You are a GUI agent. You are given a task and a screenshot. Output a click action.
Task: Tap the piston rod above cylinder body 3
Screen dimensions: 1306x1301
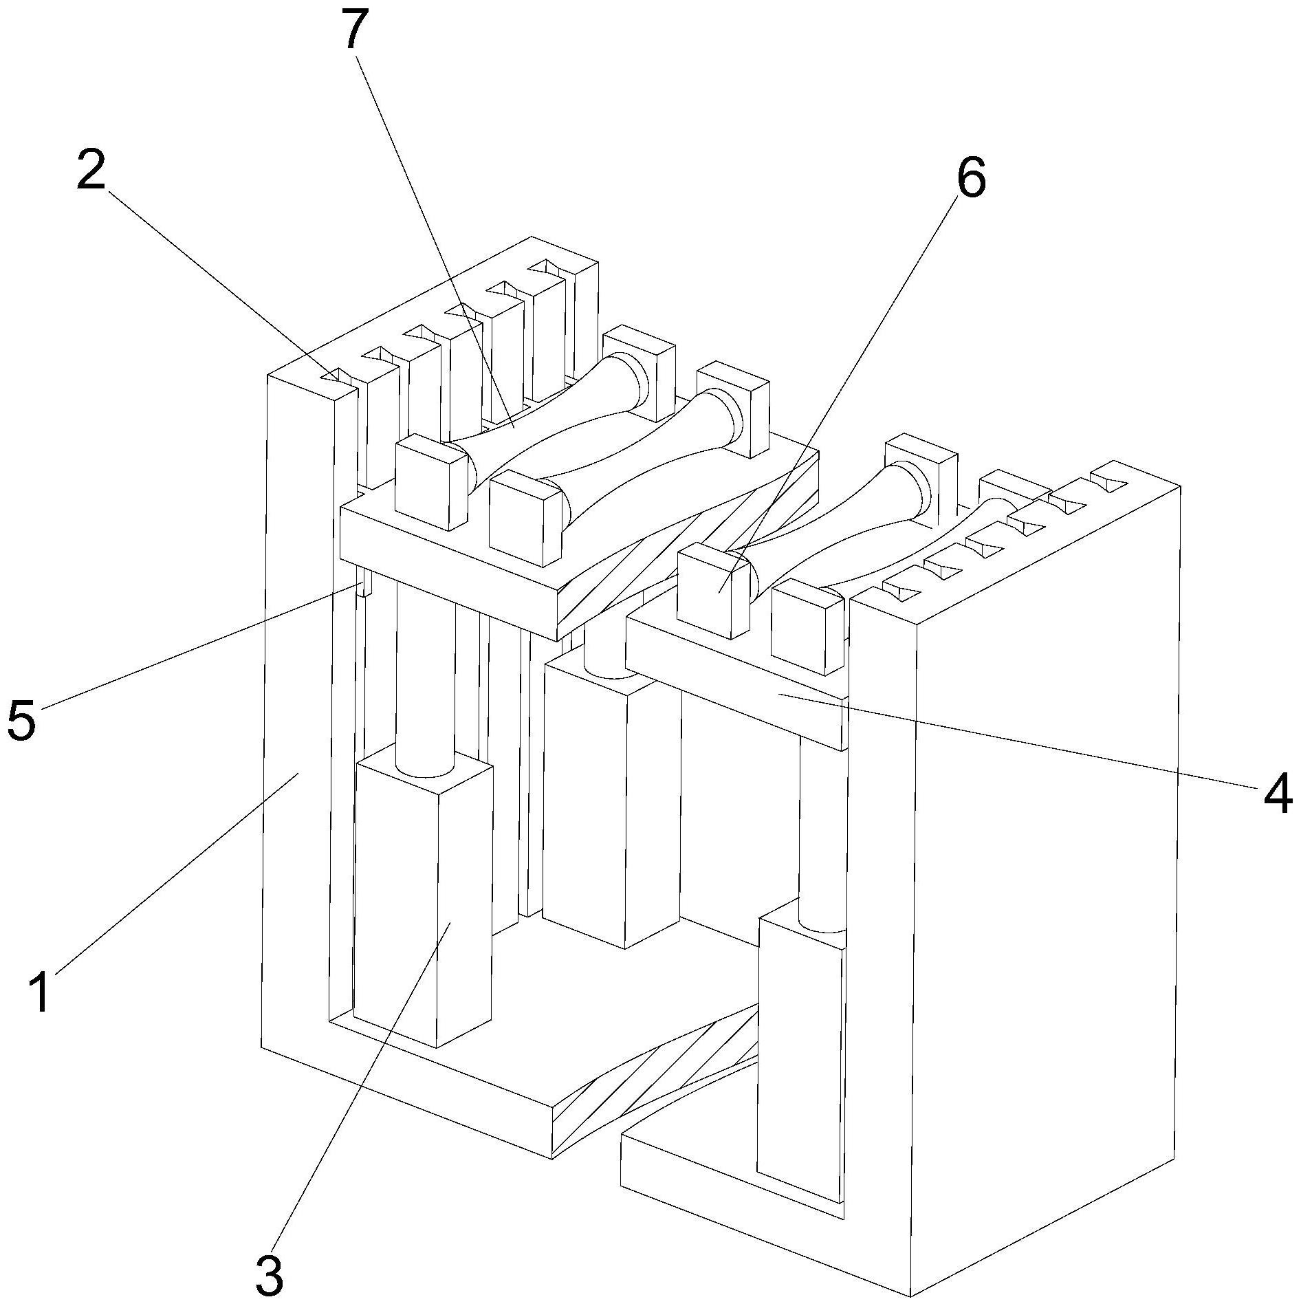pos(425,681)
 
